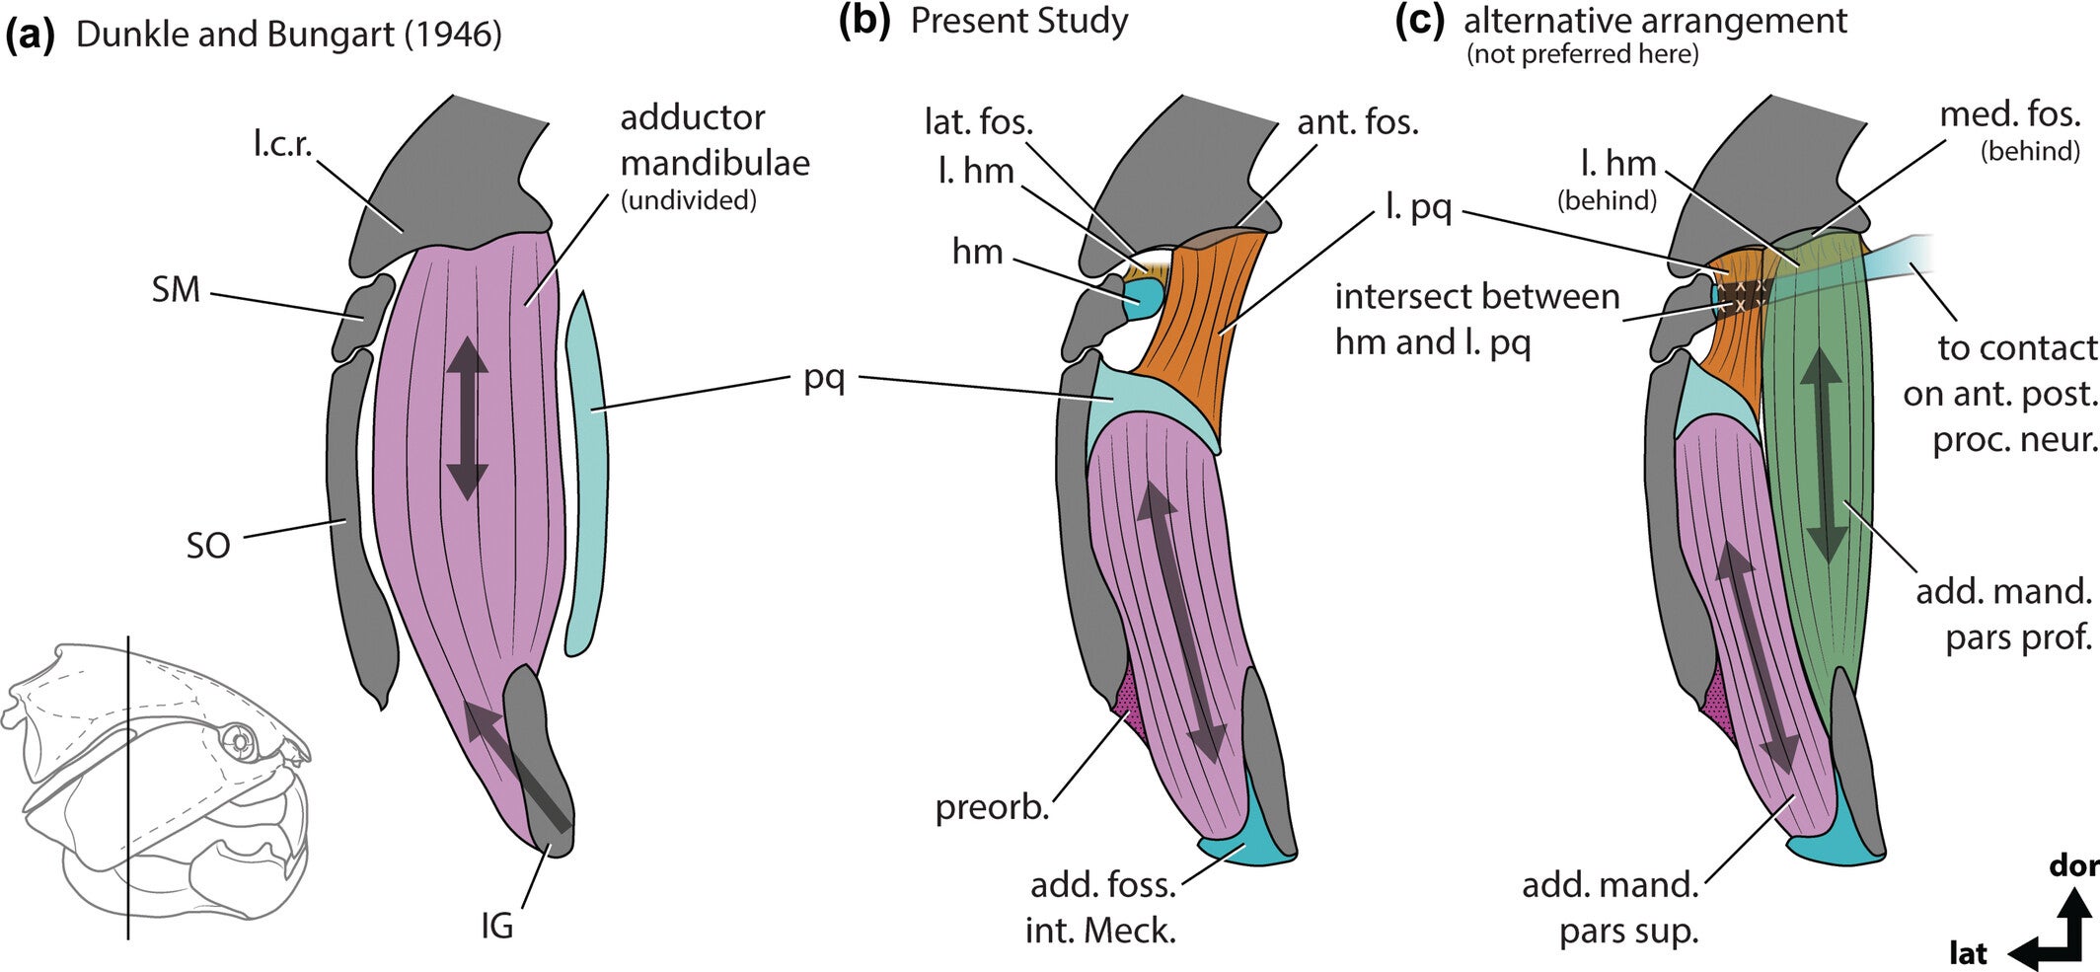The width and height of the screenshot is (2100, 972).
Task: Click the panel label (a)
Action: pyautogui.click(x=29, y=36)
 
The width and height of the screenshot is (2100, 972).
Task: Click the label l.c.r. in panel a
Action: pyautogui.click(x=282, y=145)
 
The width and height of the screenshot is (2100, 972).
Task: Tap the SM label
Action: pyautogui.click(x=176, y=290)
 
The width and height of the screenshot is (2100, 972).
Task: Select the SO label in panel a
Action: pyautogui.click(x=208, y=545)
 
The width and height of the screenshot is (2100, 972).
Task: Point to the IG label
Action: pyautogui.click(x=496, y=927)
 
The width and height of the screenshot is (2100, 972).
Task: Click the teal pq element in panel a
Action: pyautogui.click(x=588, y=474)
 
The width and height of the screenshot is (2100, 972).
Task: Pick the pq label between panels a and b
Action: pyautogui.click(x=824, y=379)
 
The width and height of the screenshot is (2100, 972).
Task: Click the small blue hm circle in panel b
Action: pyautogui.click(x=1143, y=298)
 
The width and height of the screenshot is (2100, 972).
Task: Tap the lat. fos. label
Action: pyautogui.click(x=978, y=122)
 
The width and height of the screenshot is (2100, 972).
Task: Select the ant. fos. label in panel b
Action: pyautogui.click(x=1357, y=122)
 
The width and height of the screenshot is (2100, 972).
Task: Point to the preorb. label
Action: pyautogui.click(x=991, y=808)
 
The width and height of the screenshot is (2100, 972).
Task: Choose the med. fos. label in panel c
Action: pyautogui.click(x=2009, y=115)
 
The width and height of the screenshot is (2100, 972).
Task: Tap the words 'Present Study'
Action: pyautogui.click(x=1018, y=21)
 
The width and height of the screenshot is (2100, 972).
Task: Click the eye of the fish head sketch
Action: pyautogui.click(x=238, y=740)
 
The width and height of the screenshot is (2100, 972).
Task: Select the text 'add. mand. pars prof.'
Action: pyautogui.click(x=2003, y=614)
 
